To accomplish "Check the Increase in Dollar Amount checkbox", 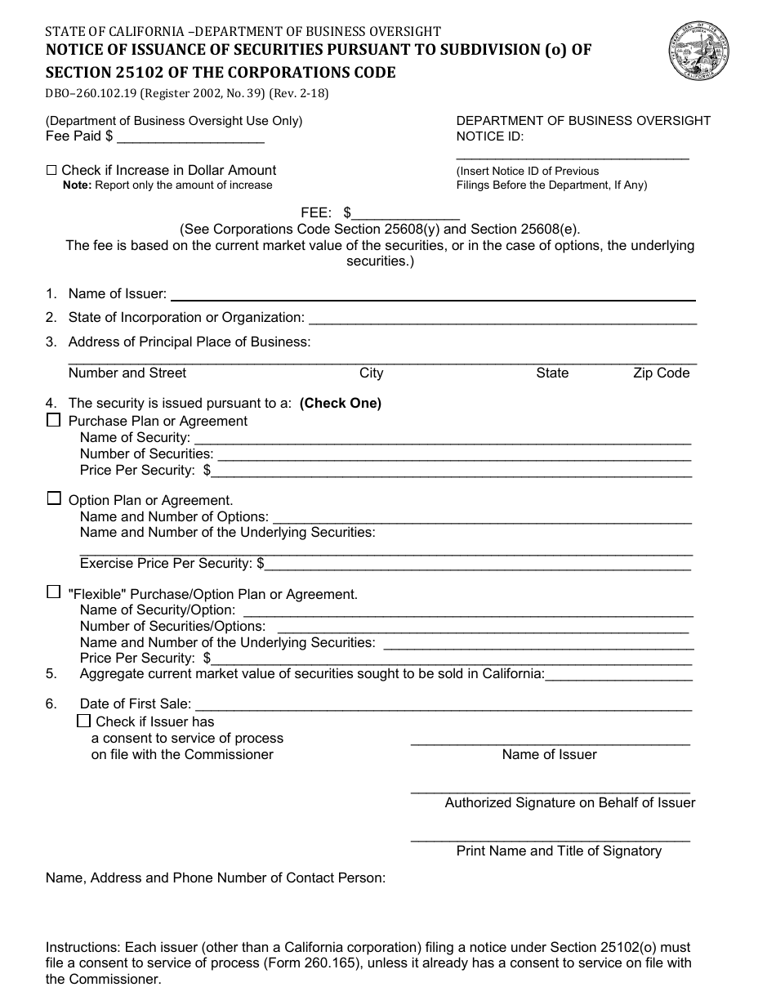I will pos(51,171).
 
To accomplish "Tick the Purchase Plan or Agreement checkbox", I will pos(54,420).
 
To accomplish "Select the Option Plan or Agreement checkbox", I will pos(54,498).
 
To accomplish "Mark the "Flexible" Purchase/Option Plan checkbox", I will pos(54,592).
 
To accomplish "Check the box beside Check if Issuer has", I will pos(83,721).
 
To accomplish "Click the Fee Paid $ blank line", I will pos(190,138).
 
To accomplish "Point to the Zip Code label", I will pos(661,373).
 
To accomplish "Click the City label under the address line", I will pos(371,373).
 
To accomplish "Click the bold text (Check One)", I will pos(341,403).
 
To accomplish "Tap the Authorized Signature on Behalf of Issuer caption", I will pos(569,803).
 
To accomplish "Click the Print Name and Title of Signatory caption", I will pos(559,851).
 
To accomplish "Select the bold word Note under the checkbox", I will pos(78,185).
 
